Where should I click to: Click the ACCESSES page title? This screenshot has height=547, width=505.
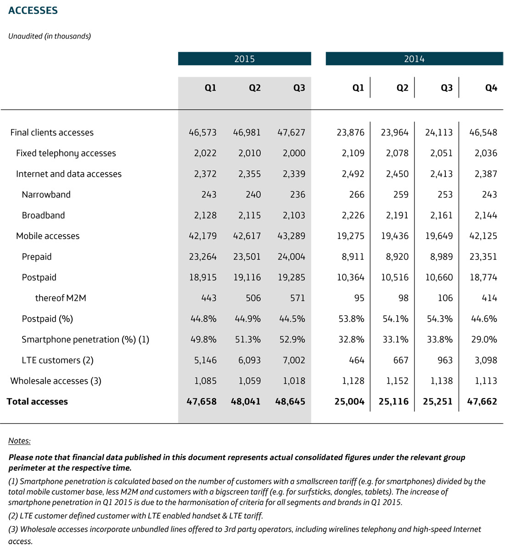[x=33, y=11]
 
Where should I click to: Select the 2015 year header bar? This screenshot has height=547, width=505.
[x=244, y=59]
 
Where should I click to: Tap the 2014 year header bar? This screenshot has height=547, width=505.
[x=414, y=59]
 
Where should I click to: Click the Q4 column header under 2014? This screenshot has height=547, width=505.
[x=491, y=88]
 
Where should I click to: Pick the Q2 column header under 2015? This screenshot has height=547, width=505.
[x=254, y=88]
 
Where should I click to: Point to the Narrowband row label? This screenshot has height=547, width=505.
[x=46, y=194]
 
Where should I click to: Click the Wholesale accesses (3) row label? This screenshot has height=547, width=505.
[x=56, y=381]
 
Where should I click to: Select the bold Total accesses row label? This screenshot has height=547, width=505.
[x=37, y=401]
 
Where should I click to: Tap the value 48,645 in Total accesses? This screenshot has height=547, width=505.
[x=290, y=401]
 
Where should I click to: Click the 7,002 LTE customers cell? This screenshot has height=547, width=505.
[x=294, y=360]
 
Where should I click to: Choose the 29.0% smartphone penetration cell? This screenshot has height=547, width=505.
[x=484, y=339]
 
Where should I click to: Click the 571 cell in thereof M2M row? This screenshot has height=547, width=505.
[x=297, y=298]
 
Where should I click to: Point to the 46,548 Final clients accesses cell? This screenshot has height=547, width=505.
[x=483, y=132]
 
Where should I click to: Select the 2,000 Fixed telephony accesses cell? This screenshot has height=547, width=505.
[x=294, y=153]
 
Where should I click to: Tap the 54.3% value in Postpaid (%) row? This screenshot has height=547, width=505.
[x=440, y=319]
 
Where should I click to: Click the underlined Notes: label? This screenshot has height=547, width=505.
[x=19, y=441]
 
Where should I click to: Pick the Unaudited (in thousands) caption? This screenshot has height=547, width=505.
[x=50, y=36]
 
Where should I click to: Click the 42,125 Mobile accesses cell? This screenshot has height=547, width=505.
[x=483, y=236]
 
